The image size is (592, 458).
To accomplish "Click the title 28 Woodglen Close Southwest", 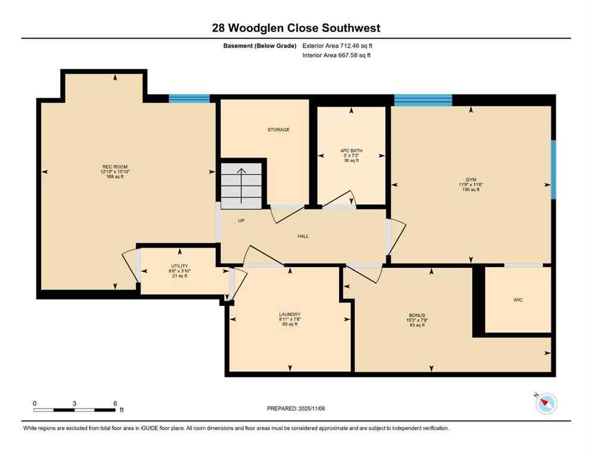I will [x=296, y=28].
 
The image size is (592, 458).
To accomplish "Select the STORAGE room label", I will [x=278, y=129].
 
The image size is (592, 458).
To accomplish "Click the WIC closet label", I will [x=518, y=300].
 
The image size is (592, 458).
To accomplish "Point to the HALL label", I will [x=303, y=236].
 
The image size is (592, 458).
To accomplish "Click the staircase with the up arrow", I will [x=241, y=185].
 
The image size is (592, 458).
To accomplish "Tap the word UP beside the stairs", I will [x=241, y=221].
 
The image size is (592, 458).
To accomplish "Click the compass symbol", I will [x=545, y=404].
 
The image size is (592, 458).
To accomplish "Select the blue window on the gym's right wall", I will [x=553, y=169].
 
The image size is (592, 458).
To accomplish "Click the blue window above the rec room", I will [x=189, y=99].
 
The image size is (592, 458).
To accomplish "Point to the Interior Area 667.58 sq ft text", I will [x=336, y=55].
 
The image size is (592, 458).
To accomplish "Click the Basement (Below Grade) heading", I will [x=260, y=45].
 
